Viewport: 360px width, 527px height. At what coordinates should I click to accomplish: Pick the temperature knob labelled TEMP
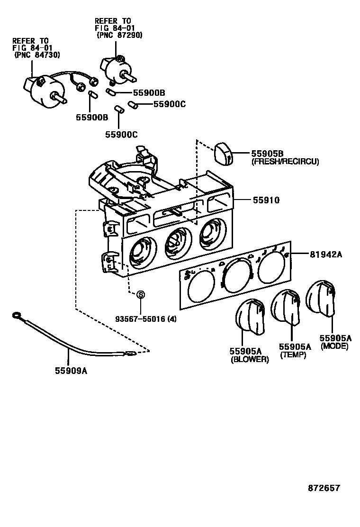click(287, 308)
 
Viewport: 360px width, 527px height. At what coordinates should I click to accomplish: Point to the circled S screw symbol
click(140, 295)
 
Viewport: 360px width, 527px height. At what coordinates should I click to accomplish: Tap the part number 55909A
click(71, 371)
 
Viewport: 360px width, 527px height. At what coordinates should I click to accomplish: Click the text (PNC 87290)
click(119, 35)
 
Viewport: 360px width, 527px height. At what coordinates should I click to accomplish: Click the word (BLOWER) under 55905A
click(250, 359)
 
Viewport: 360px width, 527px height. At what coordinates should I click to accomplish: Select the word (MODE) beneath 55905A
click(334, 346)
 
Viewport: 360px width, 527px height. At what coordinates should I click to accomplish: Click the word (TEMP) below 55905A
click(293, 355)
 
